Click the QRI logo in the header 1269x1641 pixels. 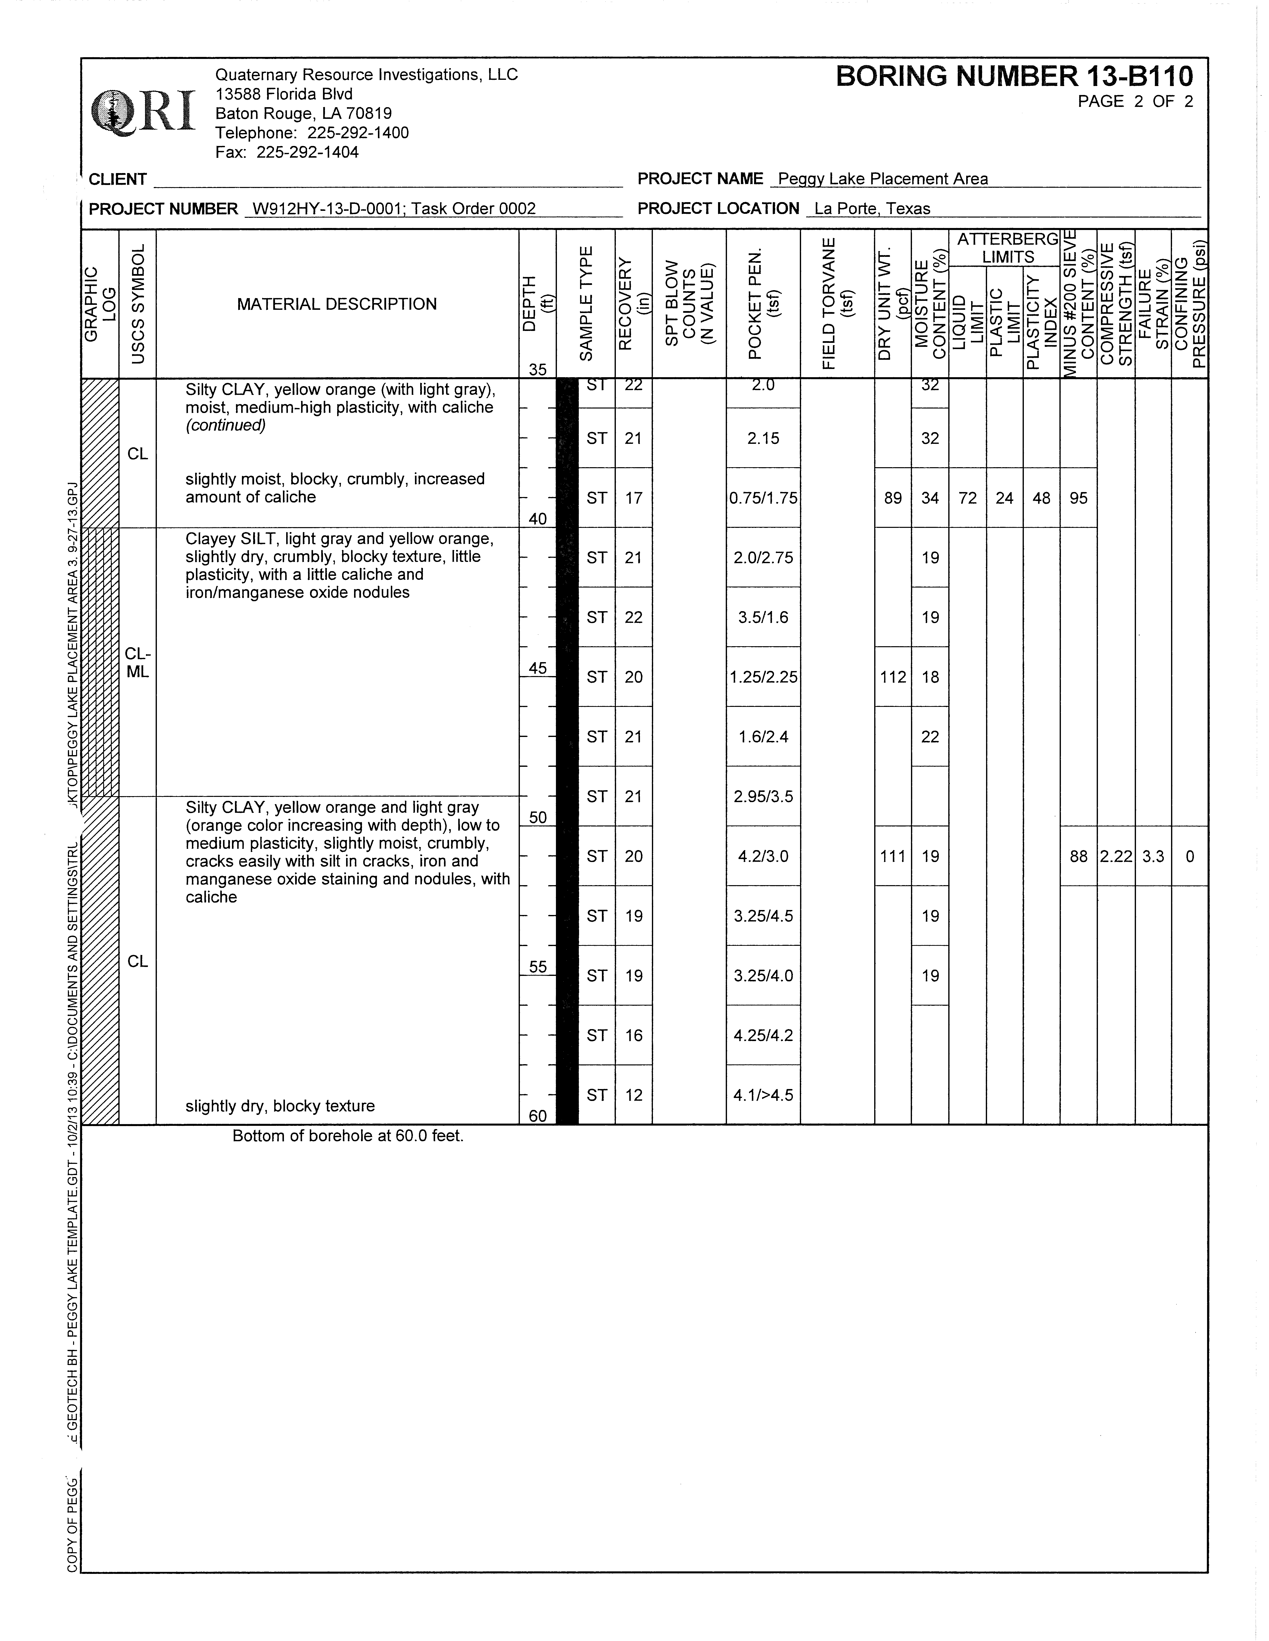click(x=143, y=113)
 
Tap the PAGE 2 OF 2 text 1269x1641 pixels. click(x=1134, y=102)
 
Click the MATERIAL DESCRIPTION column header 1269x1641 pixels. click(x=337, y=304)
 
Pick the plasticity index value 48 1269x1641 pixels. click(x=1041, y=498)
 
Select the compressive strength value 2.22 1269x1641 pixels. click(x=1116, y=857)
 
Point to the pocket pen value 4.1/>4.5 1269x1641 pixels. click(x=763, y=1095)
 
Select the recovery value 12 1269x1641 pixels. click(x=633, y=1095)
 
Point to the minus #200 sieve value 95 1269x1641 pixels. click(x=1078, y=498)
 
